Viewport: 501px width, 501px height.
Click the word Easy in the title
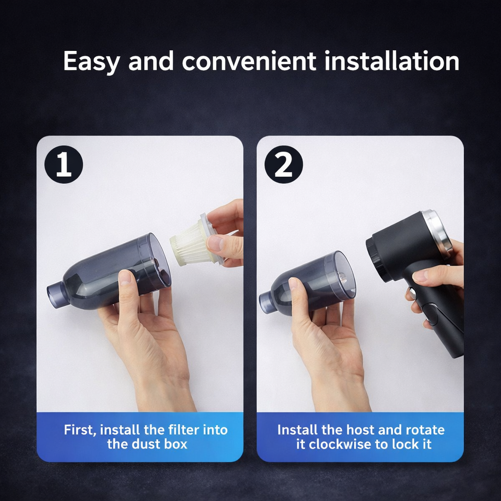(x=91, y=61)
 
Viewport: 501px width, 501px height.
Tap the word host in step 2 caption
(x=360, y=430)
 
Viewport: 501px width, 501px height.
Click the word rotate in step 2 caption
(x=425, y=430)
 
